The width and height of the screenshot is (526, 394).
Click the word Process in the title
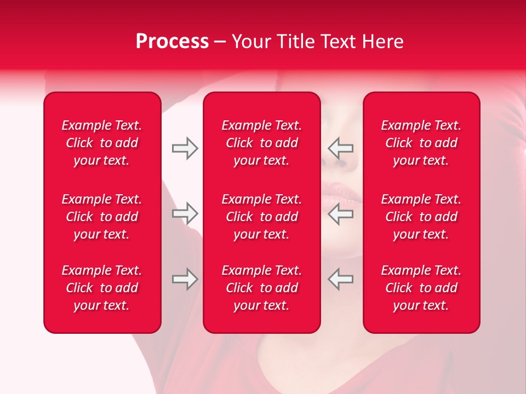[x=172, y=42]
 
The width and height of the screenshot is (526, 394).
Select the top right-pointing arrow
[x=185, y=148]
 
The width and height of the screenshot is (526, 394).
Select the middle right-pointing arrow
[x=185, y=213]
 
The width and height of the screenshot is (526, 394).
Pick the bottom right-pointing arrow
[x=185, y=279]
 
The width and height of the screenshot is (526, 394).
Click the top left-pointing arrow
[x=341, y=148]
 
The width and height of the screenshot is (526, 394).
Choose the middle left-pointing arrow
[x=341, y=213]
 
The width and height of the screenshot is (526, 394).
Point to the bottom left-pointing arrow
[x=341, y=279]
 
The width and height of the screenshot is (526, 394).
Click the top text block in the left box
[x=102, y=143]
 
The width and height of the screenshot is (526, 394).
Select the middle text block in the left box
[x=102, y=217]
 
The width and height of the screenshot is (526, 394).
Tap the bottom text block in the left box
[x=102, y=288]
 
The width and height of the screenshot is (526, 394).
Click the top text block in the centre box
[x=261, y=143]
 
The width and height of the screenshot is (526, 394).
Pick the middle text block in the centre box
[x=261, y=217]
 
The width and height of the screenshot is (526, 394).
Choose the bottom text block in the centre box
[x=261, y=288]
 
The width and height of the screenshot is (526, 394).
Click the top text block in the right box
[x=421, y=143]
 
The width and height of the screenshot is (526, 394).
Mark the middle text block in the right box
[x=421, y=217]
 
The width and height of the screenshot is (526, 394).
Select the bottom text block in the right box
[x=421, y=288]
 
